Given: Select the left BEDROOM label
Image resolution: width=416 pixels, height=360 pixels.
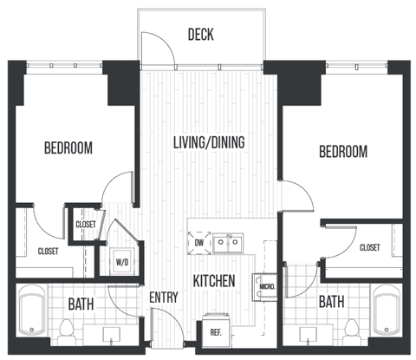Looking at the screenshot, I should point(68,148).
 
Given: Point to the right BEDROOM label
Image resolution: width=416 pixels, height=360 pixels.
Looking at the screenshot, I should point(343,152).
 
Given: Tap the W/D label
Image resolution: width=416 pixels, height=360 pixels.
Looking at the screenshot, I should point(122,261).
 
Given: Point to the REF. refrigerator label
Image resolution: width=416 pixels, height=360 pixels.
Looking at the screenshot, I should point(215,330).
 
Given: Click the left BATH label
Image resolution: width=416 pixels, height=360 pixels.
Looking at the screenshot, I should point(81,304).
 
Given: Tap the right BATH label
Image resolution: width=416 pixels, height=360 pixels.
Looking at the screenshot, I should point(330,302).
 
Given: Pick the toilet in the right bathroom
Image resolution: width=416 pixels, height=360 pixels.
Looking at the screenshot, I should point(351,329).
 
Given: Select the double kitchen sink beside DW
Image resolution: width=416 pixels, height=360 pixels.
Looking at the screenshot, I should point(227,244).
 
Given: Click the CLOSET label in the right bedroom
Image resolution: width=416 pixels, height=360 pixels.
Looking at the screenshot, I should point(370,248).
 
